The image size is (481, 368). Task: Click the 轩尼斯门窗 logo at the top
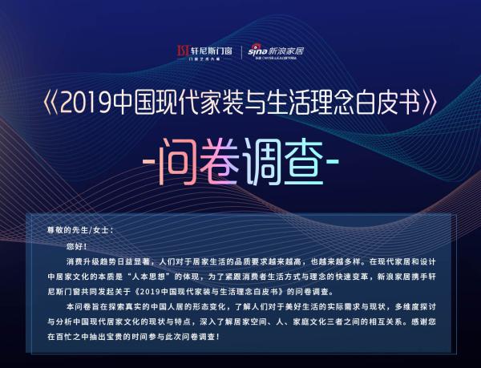[x=204, y=52]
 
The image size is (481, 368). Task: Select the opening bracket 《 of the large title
[x=51, y=103]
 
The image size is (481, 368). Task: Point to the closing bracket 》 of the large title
[x=429, y=103]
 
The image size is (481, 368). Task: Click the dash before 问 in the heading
[x=149, y=162]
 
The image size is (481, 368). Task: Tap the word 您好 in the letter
[x=74, y=247]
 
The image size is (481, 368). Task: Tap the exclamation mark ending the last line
[x=218, y=337]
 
